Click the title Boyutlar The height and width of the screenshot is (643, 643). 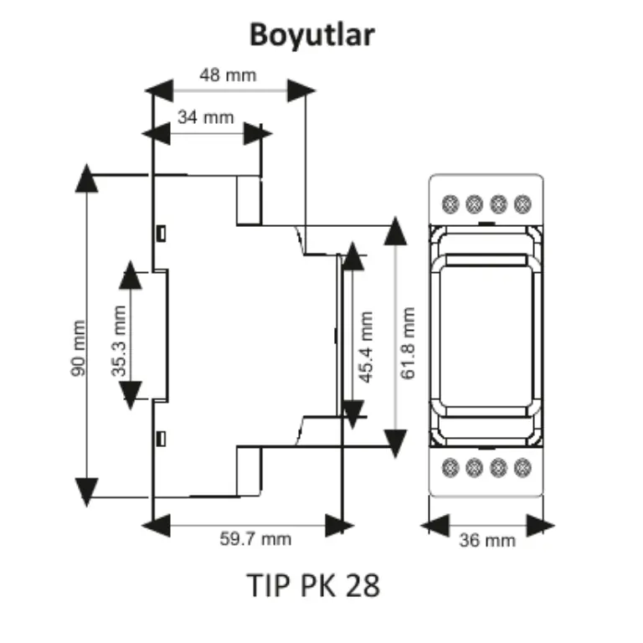(x=312, y=36)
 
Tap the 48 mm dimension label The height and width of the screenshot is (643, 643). (x=228, y=75)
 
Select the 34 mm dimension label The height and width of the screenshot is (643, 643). (x=206, y=118)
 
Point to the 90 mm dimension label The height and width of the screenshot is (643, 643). (x=78, y=348)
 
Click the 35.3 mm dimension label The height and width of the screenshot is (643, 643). (x=119, y=341)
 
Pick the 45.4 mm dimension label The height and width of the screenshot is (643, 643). (x=366, y=347)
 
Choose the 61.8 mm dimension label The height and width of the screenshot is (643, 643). (x=408, y=343)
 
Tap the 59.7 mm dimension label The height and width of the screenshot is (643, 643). (x=255, y=539)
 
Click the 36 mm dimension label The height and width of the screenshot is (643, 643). (x=487, y=541)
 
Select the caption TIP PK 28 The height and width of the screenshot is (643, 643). (x=313, y=585)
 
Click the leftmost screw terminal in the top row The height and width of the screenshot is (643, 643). (x=450, y=204)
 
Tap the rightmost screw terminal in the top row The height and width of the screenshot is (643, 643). (x=522, y=204)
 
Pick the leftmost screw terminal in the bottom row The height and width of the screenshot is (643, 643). (x=450, y=467)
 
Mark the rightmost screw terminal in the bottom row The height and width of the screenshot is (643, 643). (x=522, y=467)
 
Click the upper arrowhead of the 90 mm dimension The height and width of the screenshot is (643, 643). (x=86, y=178)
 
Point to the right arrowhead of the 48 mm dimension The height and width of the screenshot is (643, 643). (x=301, y=90)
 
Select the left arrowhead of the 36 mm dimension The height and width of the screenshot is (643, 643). (x=435, y=525)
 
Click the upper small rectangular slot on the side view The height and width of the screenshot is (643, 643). (x=162, y=234)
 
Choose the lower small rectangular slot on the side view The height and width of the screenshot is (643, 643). (x=162, y=440)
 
